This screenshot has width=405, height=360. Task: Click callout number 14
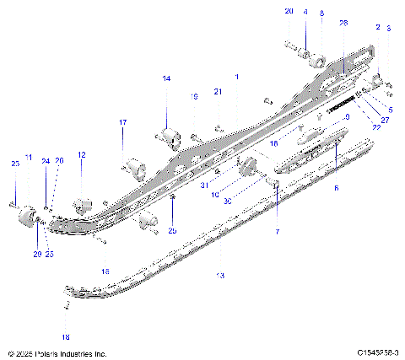tap(166, 78)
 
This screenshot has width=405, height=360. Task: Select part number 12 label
tap(82, 155)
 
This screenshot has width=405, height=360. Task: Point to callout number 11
tap(29, 158)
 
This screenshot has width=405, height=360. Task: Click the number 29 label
tap(36, 254)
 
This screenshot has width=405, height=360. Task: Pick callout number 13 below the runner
tap(221, 276)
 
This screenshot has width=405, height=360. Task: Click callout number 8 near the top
tap(321, 13)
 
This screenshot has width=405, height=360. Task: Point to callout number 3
tap(388, 29)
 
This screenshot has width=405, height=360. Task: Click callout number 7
tap(276, 231)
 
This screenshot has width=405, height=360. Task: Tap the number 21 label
tap(217, 91)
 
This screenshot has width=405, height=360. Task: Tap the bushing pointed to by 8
tap(321, 62)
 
